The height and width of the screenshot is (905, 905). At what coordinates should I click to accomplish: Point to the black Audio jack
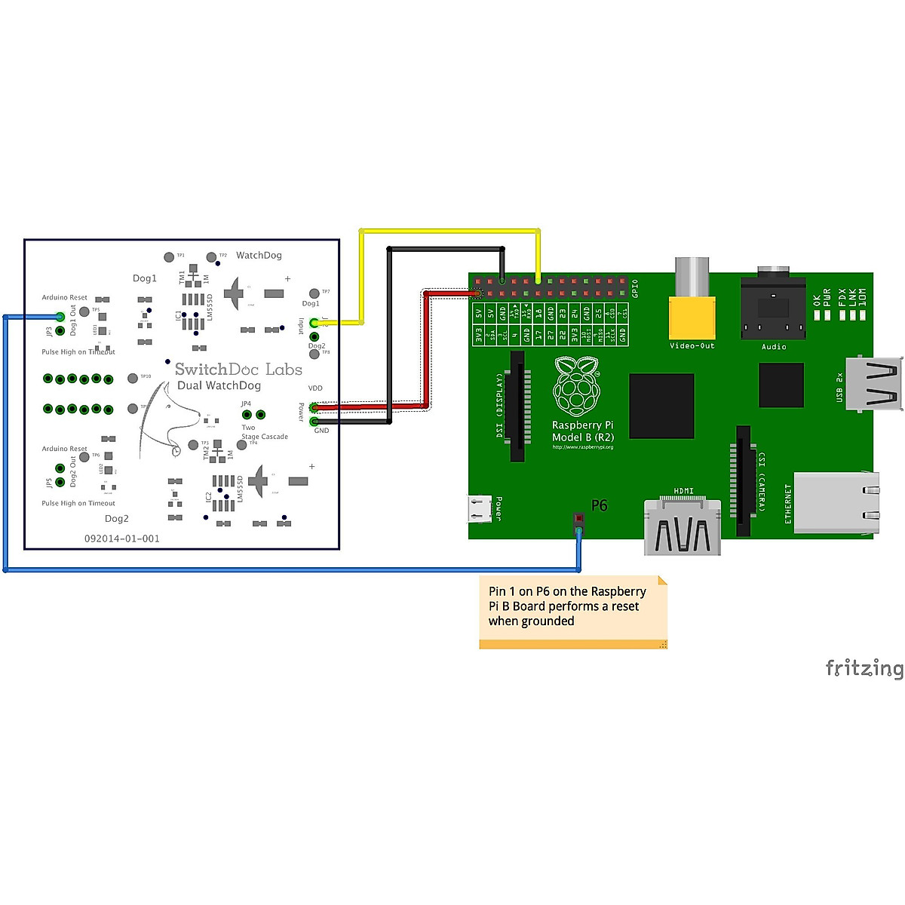pos(774,309)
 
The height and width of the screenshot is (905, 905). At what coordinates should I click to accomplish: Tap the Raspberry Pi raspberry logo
pos(577,386)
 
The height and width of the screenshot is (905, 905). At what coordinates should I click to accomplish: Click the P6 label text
pos(599,505)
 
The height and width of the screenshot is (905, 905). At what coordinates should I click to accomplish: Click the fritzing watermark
pos(864,668)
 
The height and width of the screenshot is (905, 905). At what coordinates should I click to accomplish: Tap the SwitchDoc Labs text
pos(238,370)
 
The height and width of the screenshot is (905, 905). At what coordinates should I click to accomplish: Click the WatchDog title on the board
pos(259,256)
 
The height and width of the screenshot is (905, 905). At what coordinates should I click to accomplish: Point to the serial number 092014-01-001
pos(121,538)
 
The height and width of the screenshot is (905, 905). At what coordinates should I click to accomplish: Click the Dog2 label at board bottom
pos(117,519)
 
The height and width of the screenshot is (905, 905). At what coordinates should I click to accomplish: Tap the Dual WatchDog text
pos(219,386)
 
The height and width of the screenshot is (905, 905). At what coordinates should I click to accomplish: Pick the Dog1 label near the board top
pos(145,278)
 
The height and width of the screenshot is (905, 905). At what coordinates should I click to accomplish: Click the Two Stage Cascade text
pos(264,432)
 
